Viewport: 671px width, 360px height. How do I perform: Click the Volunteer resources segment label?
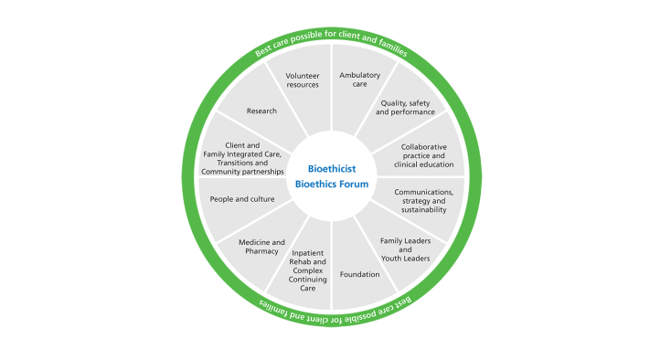302,79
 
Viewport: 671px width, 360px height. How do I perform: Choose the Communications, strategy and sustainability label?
423,201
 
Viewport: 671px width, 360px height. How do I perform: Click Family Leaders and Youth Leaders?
405,249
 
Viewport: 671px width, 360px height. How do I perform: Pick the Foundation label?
359,274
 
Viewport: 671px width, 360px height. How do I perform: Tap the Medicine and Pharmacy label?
262,247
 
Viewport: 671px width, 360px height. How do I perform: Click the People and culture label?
242,198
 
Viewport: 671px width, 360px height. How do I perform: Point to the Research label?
261,111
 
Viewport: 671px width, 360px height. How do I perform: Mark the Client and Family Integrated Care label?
241,158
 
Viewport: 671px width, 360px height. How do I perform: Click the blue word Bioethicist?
332,169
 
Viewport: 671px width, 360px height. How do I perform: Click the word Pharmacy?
262,251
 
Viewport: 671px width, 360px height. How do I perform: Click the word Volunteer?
302,75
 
